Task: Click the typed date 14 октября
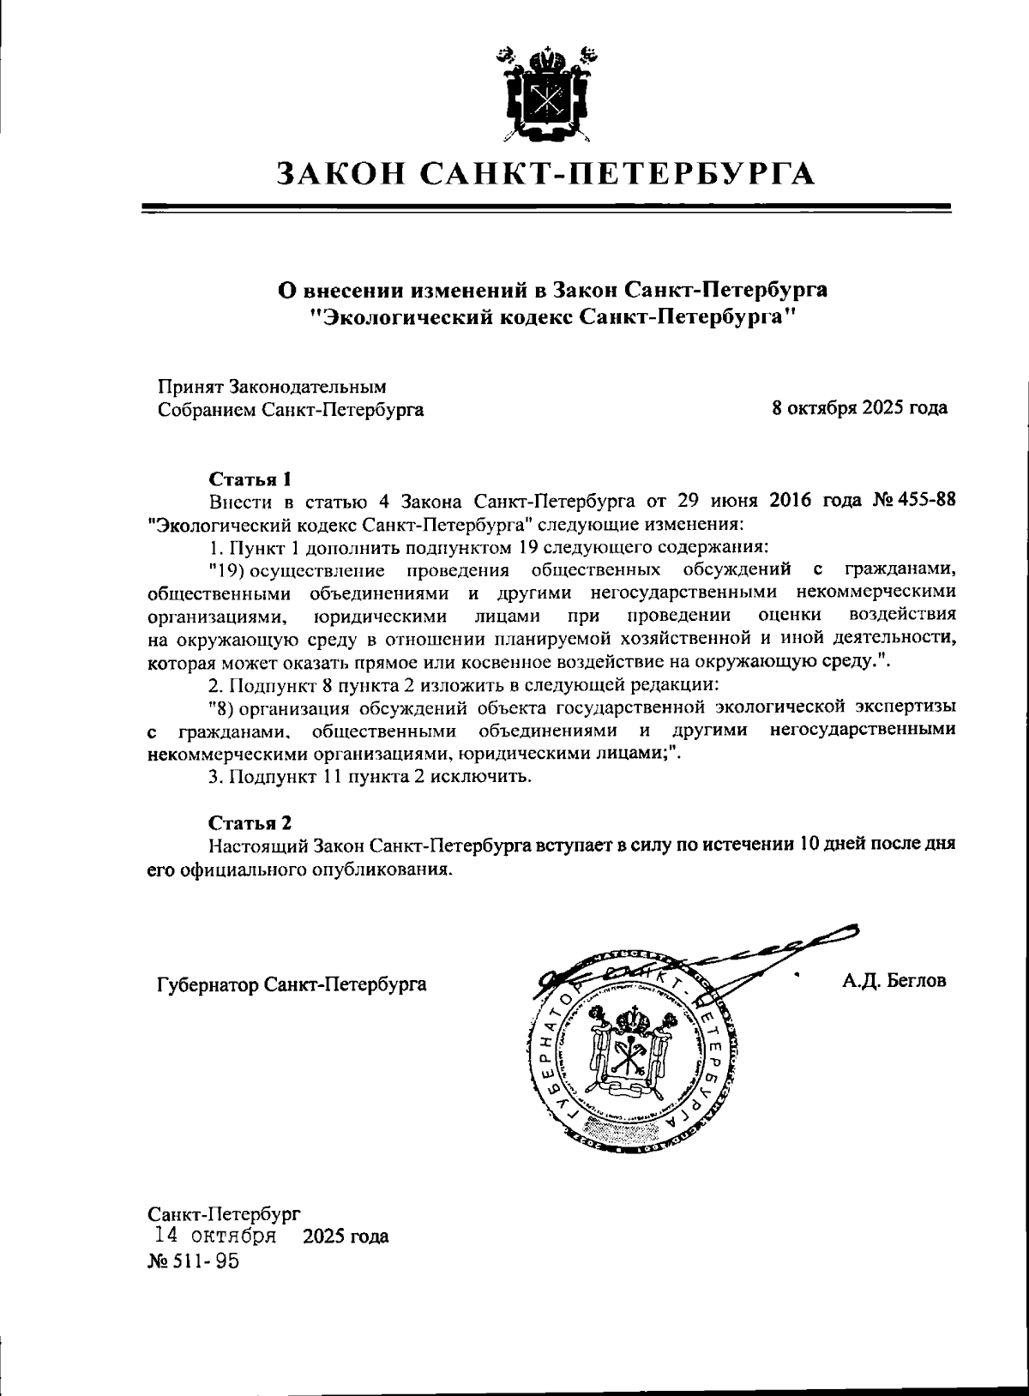coord(214,1236)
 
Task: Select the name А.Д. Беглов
coord(893,980)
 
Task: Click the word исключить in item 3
coord(491,777)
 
